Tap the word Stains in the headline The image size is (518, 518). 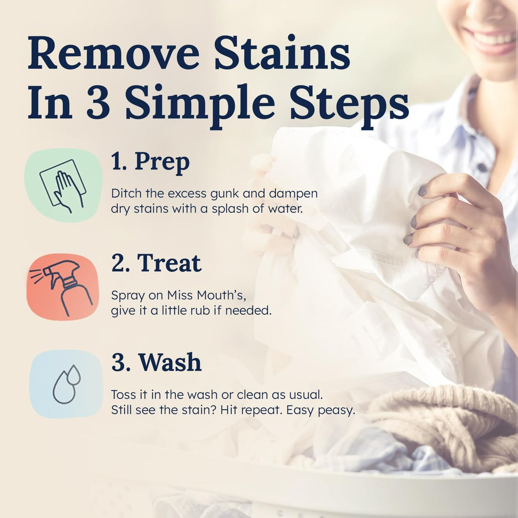[282, 55]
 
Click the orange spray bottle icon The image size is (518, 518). [63, 286]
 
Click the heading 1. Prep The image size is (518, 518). [151, 162]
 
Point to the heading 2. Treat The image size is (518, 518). [156, 263]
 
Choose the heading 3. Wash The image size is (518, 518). [156, 362]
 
